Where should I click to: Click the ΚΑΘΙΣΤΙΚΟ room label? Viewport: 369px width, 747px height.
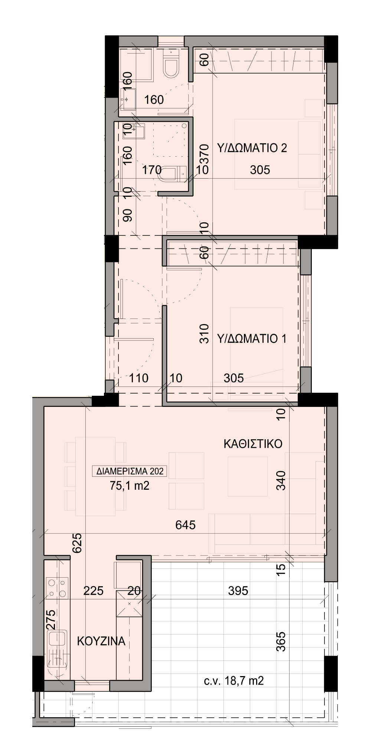tap(253, 444)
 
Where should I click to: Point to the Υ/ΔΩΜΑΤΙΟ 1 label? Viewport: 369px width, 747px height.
tap(252, 339)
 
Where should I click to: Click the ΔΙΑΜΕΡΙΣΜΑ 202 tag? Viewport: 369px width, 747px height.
tap(130, 472)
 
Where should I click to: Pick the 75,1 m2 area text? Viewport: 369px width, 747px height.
tap(130, 486)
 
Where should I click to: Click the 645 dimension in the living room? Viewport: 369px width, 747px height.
tap(186, 525)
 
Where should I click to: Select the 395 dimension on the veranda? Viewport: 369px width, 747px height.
tap(238, 590)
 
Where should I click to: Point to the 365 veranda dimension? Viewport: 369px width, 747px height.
tap(281, 641)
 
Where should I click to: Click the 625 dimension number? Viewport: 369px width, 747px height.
tap(77, 543)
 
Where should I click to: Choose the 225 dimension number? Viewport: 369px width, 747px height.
tap(93, 590)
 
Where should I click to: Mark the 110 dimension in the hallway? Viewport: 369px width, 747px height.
tap(139, 378)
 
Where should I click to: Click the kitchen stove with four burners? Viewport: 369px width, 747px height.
tap(57, 588)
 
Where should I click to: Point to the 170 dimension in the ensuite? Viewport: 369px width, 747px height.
tap(152, 170)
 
